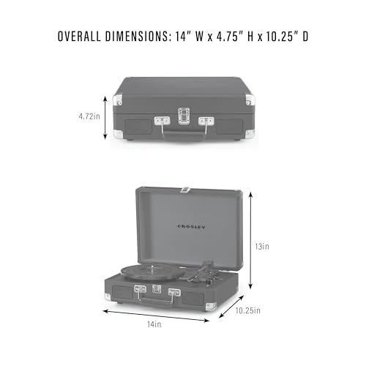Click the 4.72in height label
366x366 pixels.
pyautogui.click(x=89, y=116)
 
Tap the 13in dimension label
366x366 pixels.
pyautogui.click(x=262, y=247)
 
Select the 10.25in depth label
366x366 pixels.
pyautogui.click(x=248, y=310)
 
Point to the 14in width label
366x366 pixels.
pyautogui.click(x=154, y=324)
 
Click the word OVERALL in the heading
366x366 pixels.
pyautogui.click(x=79, y=37)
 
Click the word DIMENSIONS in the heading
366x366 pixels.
pyautogui.click(x=138, y=37)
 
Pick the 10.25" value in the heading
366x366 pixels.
pyautogui.click(x=282, y=37)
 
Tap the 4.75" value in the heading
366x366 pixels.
pyautogui.click(x=228, y=37)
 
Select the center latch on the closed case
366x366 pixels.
pyautogui.click(x=184, y=116)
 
